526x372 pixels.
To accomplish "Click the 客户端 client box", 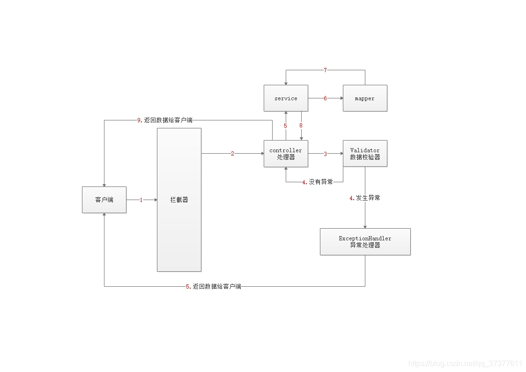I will pos(104,200).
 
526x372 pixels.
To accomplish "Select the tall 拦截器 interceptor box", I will pos(179,200).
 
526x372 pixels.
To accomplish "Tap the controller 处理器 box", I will pos(286,154).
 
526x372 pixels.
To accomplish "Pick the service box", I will pos(286,98).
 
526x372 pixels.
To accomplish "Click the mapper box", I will pos(365,98).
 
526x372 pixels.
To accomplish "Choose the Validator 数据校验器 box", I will pos(365,154).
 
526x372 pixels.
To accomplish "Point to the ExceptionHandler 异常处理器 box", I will pos(365,242).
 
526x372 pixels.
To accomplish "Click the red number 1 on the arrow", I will pos(141,200).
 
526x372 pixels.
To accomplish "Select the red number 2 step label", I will pos(232,154).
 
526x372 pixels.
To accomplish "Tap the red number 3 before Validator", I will pos(325,154).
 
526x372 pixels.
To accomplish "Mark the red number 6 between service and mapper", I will pos(325,98).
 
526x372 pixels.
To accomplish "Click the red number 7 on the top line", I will pos(325,70).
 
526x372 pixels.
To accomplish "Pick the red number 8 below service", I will pos(301,126).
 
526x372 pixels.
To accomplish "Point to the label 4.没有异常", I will pos(317,182).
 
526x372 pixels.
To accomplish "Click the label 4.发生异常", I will pos(365,198).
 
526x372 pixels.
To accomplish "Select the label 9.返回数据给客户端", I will pos(165,120).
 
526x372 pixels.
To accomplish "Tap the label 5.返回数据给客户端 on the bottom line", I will pos(214,286).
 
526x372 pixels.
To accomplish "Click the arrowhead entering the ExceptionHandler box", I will pos(365,226).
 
